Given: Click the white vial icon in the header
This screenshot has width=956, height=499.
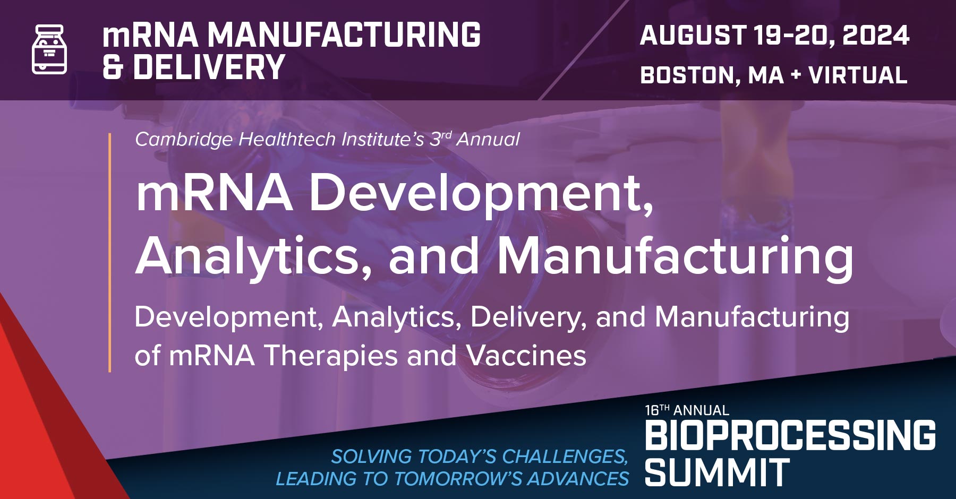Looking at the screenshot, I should (x=49, y=49).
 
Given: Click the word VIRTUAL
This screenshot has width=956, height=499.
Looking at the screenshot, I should (x=858, y=75).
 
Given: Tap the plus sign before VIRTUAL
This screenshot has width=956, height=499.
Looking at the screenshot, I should (x=795, y=75).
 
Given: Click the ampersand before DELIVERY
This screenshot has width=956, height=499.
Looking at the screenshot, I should (x=112, y=67).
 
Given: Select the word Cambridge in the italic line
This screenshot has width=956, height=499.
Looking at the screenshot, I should (x=184, y=140).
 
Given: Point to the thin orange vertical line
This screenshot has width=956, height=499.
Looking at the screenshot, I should (x=110, y=252).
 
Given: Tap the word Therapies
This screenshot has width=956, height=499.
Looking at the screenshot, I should (x=331, y=355).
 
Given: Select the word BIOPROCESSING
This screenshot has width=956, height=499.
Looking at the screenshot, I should (x=790, y=435).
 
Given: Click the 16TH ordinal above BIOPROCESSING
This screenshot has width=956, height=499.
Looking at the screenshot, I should (x=657, y=410).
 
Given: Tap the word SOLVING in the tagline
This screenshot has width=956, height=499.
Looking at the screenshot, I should (x=371, y=457).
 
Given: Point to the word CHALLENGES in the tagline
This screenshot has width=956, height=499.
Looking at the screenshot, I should (x=565, y=457).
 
